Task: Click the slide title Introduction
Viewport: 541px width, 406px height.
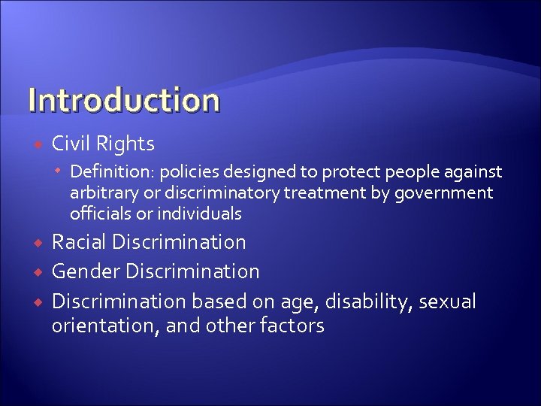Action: coord(124,100)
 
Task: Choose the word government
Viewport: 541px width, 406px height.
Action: coord(444,193)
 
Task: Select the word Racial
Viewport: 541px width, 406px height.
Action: coord(79,242)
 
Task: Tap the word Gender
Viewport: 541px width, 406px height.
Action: coord(86,271)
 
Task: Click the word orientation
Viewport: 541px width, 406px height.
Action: coord(100,326)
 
